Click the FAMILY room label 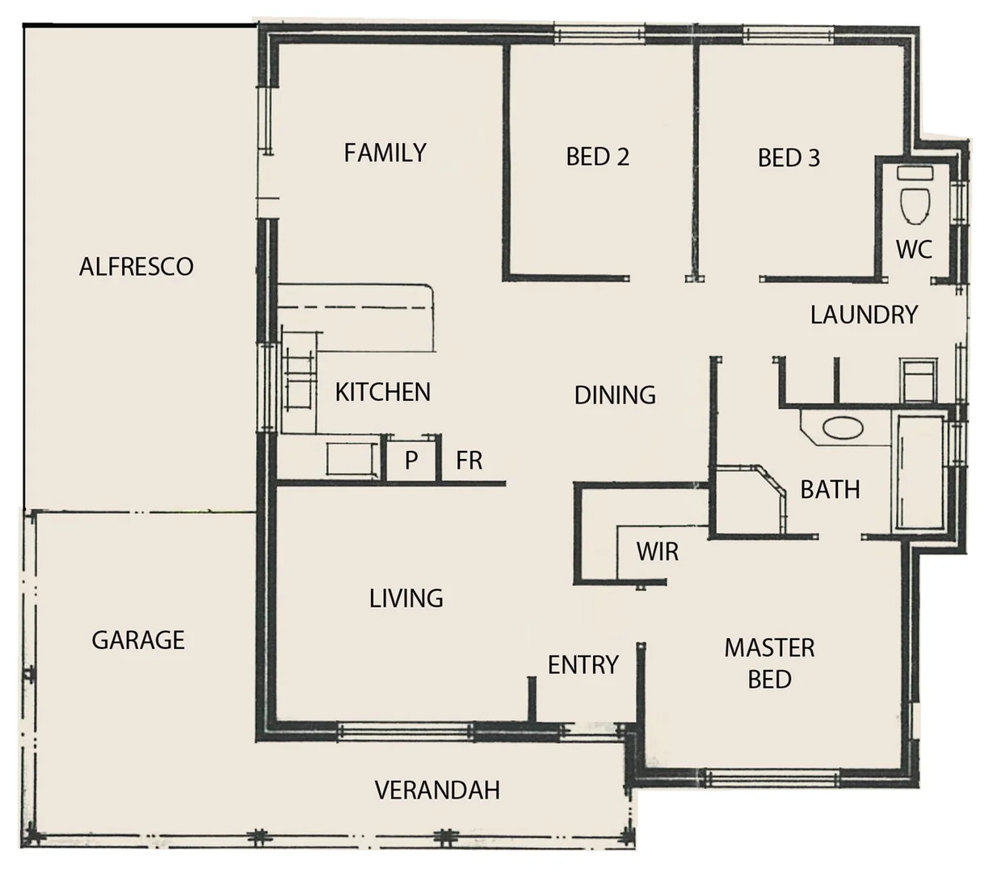[385, 153]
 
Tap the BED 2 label [597, 157]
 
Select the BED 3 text [789, 158]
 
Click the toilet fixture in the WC [915, 198]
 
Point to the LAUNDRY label [864, 314]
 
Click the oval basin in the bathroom [840, 428]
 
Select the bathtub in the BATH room [919, 473]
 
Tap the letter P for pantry [411, 461]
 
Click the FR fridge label [469, 461]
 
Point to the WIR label [657, 552]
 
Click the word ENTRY [583, 665]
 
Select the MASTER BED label [769, 663]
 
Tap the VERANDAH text [437, 790]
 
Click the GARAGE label [138, 640]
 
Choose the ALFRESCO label [137, 267]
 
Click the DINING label [614, 395]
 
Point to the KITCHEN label [382, 392]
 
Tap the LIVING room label [406, 598]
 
